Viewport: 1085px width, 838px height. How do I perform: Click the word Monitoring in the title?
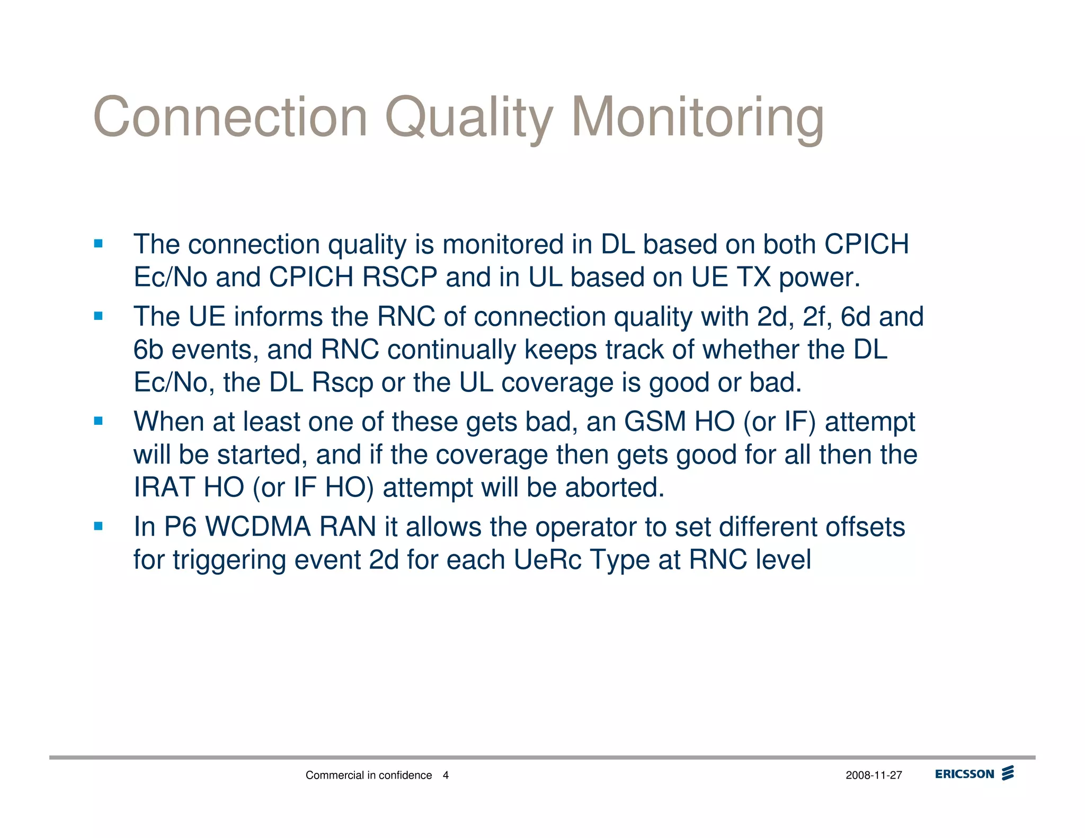[x=698, y=118]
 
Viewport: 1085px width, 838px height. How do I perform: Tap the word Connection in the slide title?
[x=230, y=118]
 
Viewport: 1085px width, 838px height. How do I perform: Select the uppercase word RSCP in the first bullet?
[x=399, y=277]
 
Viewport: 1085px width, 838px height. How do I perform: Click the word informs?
[x=278, y=317]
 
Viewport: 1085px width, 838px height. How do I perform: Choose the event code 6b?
[x=148, y=350]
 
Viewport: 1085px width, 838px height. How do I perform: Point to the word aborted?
[x=615, y=487]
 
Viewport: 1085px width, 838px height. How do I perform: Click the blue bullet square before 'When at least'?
[x=98, y=421]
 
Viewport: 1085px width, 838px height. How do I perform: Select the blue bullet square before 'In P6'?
[x=98, y=526]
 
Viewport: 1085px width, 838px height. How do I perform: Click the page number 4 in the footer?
[x=446, y=775]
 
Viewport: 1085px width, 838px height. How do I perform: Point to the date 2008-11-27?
[x=874, y=775]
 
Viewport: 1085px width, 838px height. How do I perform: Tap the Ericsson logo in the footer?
[x=974, y=774]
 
